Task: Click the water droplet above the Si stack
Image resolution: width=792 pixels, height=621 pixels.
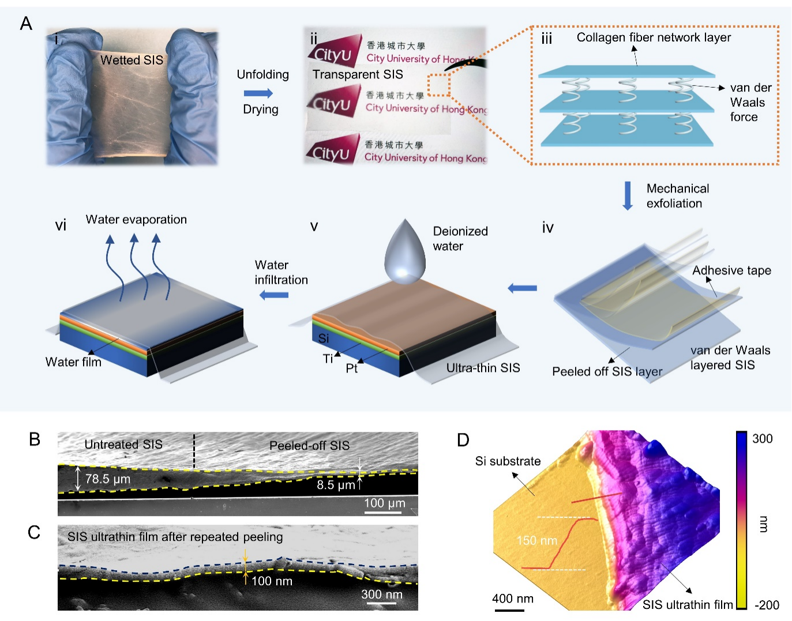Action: tap(406, 254)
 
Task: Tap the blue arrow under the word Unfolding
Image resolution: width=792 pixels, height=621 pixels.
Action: tap(258, 93)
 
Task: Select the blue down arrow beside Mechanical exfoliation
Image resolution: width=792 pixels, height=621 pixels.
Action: tap(627, 196)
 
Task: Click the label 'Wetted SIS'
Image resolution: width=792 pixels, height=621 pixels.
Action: tap(132, 60)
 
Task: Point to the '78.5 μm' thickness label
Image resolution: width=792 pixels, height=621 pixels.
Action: tap(108, 479)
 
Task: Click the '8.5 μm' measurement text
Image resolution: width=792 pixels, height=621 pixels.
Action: tap(335, 485)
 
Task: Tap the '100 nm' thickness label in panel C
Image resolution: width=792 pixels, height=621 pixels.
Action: tap(272, 581)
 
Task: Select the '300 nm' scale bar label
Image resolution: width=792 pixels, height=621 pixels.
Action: tap(382, 594)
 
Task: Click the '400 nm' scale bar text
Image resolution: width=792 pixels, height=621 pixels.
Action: tap(512, 599)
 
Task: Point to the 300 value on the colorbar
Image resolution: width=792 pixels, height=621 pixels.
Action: tap(762, 439)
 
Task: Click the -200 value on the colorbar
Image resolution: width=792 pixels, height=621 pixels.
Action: tap(767, 605)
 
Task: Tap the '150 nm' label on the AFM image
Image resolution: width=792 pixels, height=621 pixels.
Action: tap(536, 540)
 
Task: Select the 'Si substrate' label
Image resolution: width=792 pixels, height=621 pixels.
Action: tap(508, 461)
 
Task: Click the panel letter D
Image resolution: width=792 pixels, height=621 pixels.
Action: tap(463, 440)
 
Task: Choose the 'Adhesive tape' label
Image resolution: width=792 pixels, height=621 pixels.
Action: tap(731, 270)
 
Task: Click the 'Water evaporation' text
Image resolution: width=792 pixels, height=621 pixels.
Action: tap(136, 220)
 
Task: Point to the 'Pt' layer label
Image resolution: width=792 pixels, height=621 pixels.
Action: tap(351, 368)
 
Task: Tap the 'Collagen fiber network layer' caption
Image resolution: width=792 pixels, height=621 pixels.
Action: tap(654, 37)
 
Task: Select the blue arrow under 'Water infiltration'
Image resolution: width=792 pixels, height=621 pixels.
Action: tap(274, 295)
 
